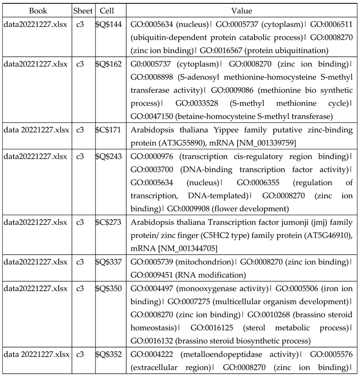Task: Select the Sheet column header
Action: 83,11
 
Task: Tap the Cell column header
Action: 107,11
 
